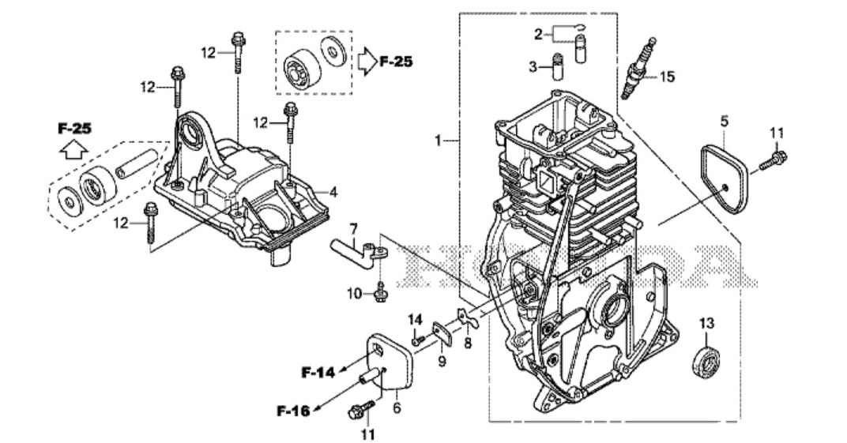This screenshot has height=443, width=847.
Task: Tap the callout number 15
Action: (668, 77)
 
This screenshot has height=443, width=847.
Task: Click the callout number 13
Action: (706, 323)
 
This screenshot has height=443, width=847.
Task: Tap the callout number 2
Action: (538, 34)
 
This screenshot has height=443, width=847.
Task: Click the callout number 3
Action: (533, 66)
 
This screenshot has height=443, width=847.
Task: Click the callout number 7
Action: (353, 229)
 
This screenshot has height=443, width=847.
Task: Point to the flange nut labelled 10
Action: (381, 295)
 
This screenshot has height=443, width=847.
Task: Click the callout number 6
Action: (397, 408)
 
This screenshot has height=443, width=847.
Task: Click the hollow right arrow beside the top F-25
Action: (367, 60)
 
